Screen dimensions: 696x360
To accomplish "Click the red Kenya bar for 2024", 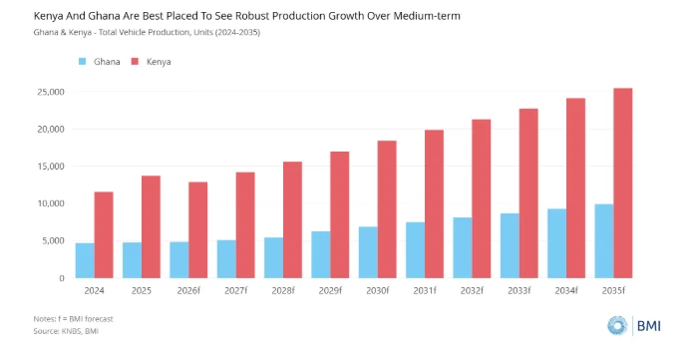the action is coord(104,234).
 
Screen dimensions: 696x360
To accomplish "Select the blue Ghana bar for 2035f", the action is coord(604,241).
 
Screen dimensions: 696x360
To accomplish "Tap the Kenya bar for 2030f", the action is coord(387,209).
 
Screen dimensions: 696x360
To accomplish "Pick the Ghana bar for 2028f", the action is coord(273,258).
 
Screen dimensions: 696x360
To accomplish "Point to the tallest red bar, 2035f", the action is coord(623,183).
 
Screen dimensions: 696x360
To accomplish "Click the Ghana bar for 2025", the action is coord(133,260).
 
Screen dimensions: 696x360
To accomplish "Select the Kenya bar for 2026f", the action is coord(198,230).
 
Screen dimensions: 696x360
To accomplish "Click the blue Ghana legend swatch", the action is coord(82,62).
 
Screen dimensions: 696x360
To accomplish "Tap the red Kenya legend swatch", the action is coord(135,62).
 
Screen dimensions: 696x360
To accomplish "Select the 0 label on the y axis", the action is coord(62,278).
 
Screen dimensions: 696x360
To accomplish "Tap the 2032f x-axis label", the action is coord(472,291).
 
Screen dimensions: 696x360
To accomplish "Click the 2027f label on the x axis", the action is coord(235,291).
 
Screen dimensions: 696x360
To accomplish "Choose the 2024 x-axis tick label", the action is coord(94,291).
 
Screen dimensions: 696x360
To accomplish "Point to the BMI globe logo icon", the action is coord(617,326).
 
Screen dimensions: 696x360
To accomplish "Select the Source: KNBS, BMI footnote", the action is coord(66,331).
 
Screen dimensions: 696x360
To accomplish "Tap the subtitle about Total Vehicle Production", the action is coord(147,32).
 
